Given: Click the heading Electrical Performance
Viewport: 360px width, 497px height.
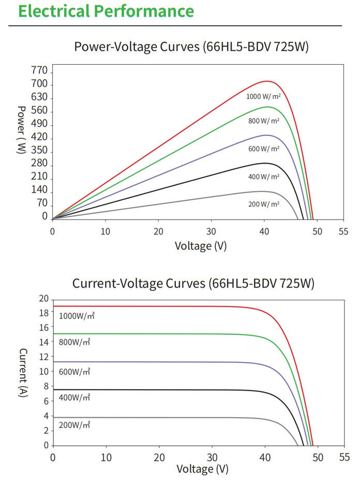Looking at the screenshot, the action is click(x=106, y=11).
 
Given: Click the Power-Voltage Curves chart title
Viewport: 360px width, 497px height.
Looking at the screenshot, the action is click(x=191, y=47).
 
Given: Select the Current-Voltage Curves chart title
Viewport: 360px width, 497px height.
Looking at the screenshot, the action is click(x=193, y=283).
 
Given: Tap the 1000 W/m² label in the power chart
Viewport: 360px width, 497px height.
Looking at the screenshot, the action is click(x=263, y=96).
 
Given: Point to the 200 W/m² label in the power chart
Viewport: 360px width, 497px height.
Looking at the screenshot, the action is click(x=264, y=204).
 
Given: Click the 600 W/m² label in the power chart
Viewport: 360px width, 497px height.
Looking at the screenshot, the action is click(x=264, y=149).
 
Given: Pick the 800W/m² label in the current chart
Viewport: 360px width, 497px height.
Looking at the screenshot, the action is click(x=74, y=342).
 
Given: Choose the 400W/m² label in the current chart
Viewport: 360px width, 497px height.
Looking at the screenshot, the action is click(x=74, y=397).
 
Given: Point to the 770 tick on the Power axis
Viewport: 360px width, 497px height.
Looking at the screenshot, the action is click(x=39, y=70).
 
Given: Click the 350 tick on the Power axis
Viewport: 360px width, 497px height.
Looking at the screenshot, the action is click(x=39, y=150).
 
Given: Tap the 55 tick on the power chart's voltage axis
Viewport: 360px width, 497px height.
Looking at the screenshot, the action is click(x=343, y=231).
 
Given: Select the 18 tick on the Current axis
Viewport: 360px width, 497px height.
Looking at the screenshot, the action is click(x=44, y=313).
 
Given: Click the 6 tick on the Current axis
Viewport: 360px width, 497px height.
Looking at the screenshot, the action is click(x=46, y=401).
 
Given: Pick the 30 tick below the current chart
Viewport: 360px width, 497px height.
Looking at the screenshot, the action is click(x=212, y=457).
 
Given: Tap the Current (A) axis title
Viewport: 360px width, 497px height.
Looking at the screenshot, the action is click(x=23, y=373).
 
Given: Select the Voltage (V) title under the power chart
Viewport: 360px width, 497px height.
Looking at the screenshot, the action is click(x=201, y=246).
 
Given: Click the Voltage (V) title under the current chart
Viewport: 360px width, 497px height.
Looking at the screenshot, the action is click(x=202, y=469).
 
